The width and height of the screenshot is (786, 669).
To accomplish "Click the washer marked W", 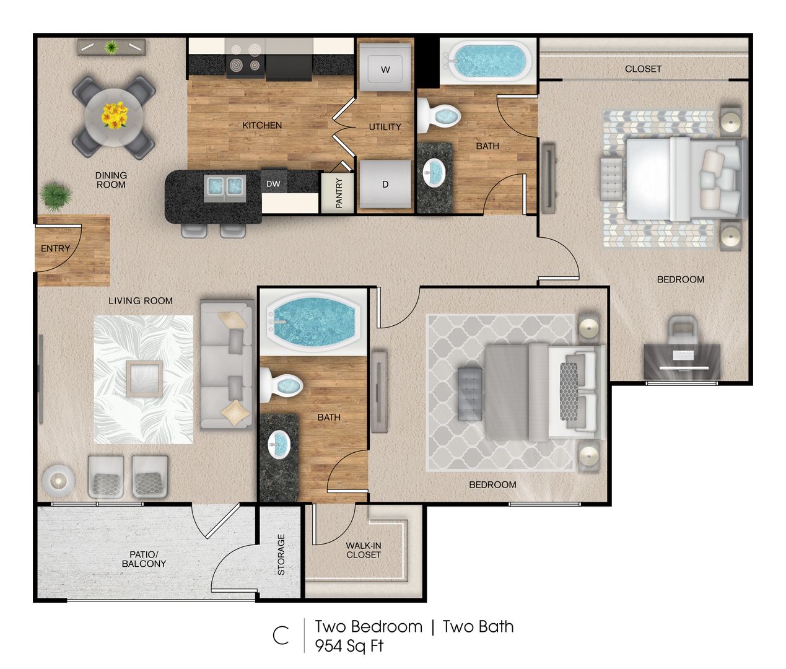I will (x=385, y=69).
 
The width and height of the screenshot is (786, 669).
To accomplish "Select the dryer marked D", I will (x=385, y=185).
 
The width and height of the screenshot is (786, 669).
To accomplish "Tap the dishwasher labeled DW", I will (x=273, y=184).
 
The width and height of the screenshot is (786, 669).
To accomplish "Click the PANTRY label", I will (x=339, y=193).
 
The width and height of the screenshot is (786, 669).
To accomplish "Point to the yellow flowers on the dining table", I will (x=115, y=115).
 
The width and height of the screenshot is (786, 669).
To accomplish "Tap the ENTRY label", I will (x=55, y=248).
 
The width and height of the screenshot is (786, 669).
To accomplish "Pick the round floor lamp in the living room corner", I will (x=58, y=480).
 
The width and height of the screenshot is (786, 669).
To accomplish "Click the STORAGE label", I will (x=281, y=554).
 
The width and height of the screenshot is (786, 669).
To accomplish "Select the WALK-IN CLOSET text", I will (x=364, y=550).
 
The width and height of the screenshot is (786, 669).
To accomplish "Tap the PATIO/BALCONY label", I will (x=144, y=559).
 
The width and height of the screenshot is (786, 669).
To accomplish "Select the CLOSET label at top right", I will (x=643, y=69).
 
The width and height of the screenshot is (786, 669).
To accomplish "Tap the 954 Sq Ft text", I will (x=349, y=646).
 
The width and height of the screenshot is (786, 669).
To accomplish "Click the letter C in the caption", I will (x=281, y=636).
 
